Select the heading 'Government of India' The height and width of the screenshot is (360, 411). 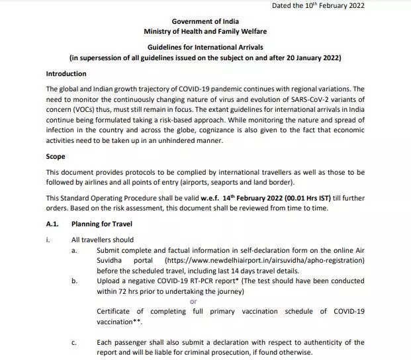point(205,22)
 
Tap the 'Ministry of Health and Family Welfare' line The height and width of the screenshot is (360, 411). point(205,32)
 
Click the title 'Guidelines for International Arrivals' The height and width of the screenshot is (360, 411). point(205,48)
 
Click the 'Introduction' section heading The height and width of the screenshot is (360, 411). point(66,73)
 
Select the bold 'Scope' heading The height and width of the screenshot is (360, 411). point(56,157)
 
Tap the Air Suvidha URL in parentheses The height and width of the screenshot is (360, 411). point(264,261)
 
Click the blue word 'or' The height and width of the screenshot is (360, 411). point(193,301)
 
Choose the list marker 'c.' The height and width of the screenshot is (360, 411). point(74,343)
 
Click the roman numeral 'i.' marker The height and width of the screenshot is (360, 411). point(48,240)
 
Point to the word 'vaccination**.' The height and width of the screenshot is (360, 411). point(119,322)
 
